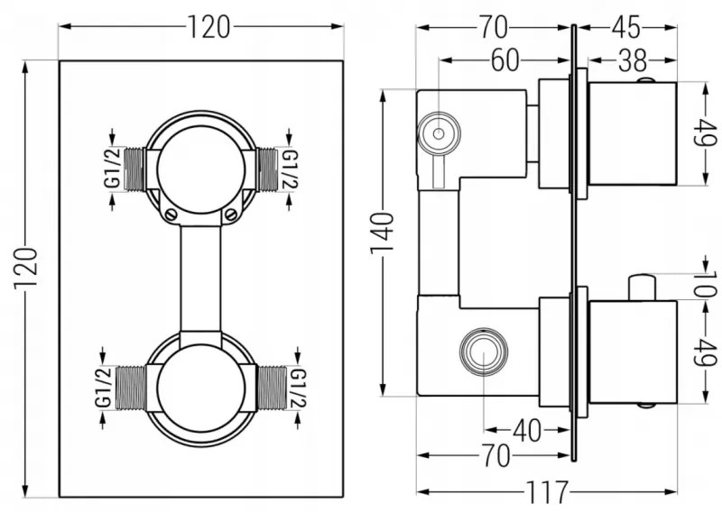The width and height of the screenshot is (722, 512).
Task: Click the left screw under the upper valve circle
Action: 170,214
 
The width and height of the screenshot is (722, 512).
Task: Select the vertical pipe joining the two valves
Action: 201,279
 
